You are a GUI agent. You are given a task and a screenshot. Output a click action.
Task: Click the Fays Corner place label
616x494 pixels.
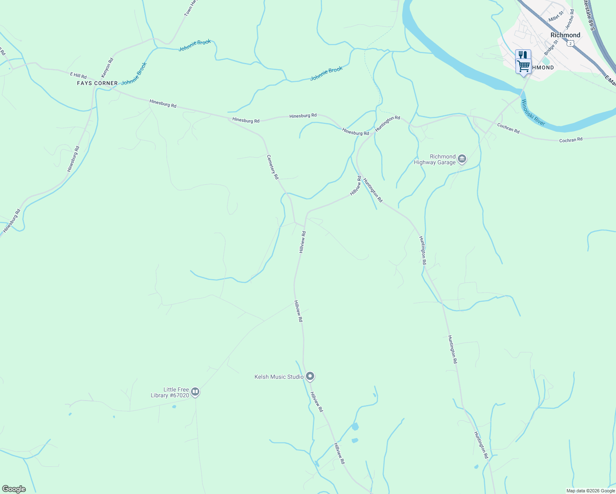97,83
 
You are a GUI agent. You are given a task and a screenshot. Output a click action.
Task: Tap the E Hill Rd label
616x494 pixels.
78,76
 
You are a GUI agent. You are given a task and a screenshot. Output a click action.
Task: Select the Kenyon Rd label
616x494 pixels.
107,68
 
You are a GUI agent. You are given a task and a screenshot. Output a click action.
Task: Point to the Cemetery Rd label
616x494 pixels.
273,167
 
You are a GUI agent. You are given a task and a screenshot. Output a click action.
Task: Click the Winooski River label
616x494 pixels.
533,112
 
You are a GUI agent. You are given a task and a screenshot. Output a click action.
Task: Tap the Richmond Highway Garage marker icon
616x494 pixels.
462,159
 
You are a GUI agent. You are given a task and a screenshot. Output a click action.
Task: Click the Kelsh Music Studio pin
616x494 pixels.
310,376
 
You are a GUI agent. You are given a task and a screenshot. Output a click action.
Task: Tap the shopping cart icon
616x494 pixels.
523,65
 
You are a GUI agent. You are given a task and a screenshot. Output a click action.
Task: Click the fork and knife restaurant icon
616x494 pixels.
523,55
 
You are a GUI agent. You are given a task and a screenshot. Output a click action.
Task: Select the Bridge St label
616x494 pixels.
551,48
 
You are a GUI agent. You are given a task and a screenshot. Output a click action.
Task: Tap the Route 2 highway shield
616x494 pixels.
570,44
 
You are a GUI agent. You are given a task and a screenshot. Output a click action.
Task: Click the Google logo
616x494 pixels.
14,489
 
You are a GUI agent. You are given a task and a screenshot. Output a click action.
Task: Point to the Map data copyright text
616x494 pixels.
590,491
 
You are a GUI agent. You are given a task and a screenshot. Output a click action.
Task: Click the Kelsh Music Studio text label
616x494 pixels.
279,377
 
